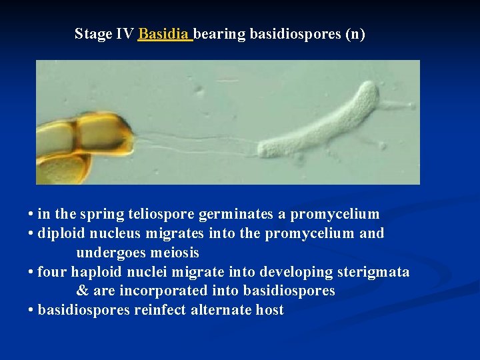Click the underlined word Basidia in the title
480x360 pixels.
(163, 34)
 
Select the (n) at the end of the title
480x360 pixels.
(355, 34)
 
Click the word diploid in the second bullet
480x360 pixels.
(59, 234)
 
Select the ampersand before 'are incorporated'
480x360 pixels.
(82, 291)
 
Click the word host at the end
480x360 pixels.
(269, 311)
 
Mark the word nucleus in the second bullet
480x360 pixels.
(110, 234)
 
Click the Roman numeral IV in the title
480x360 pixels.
(125, 34)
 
